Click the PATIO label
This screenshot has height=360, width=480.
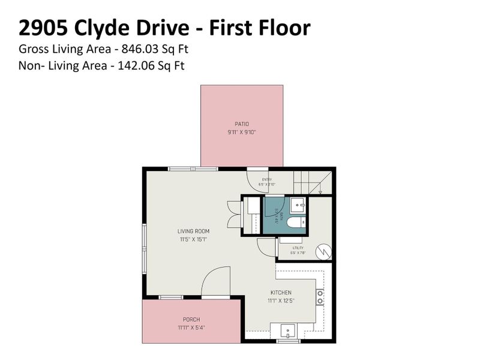(x=242, y=124)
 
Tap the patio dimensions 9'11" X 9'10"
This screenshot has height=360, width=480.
(x=242, y=132)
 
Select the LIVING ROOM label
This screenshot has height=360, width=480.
(x=193, y=231)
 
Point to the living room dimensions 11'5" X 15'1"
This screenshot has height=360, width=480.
(x=193, y=239)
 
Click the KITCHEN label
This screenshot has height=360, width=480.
(x=281, y=293)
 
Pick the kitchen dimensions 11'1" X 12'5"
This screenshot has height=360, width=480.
(x=281, y=301)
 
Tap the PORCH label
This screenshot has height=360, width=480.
(x=191, y=320)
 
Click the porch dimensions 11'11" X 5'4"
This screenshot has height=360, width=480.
(x=191, y=328)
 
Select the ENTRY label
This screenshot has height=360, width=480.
(x=267, y=179)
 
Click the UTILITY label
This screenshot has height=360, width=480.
(x=298, y=247)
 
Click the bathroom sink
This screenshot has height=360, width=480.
(x=298, y=206)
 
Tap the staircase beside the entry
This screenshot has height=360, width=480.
(x=312, y=181)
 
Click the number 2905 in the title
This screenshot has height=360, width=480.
(x=45, y=28)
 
